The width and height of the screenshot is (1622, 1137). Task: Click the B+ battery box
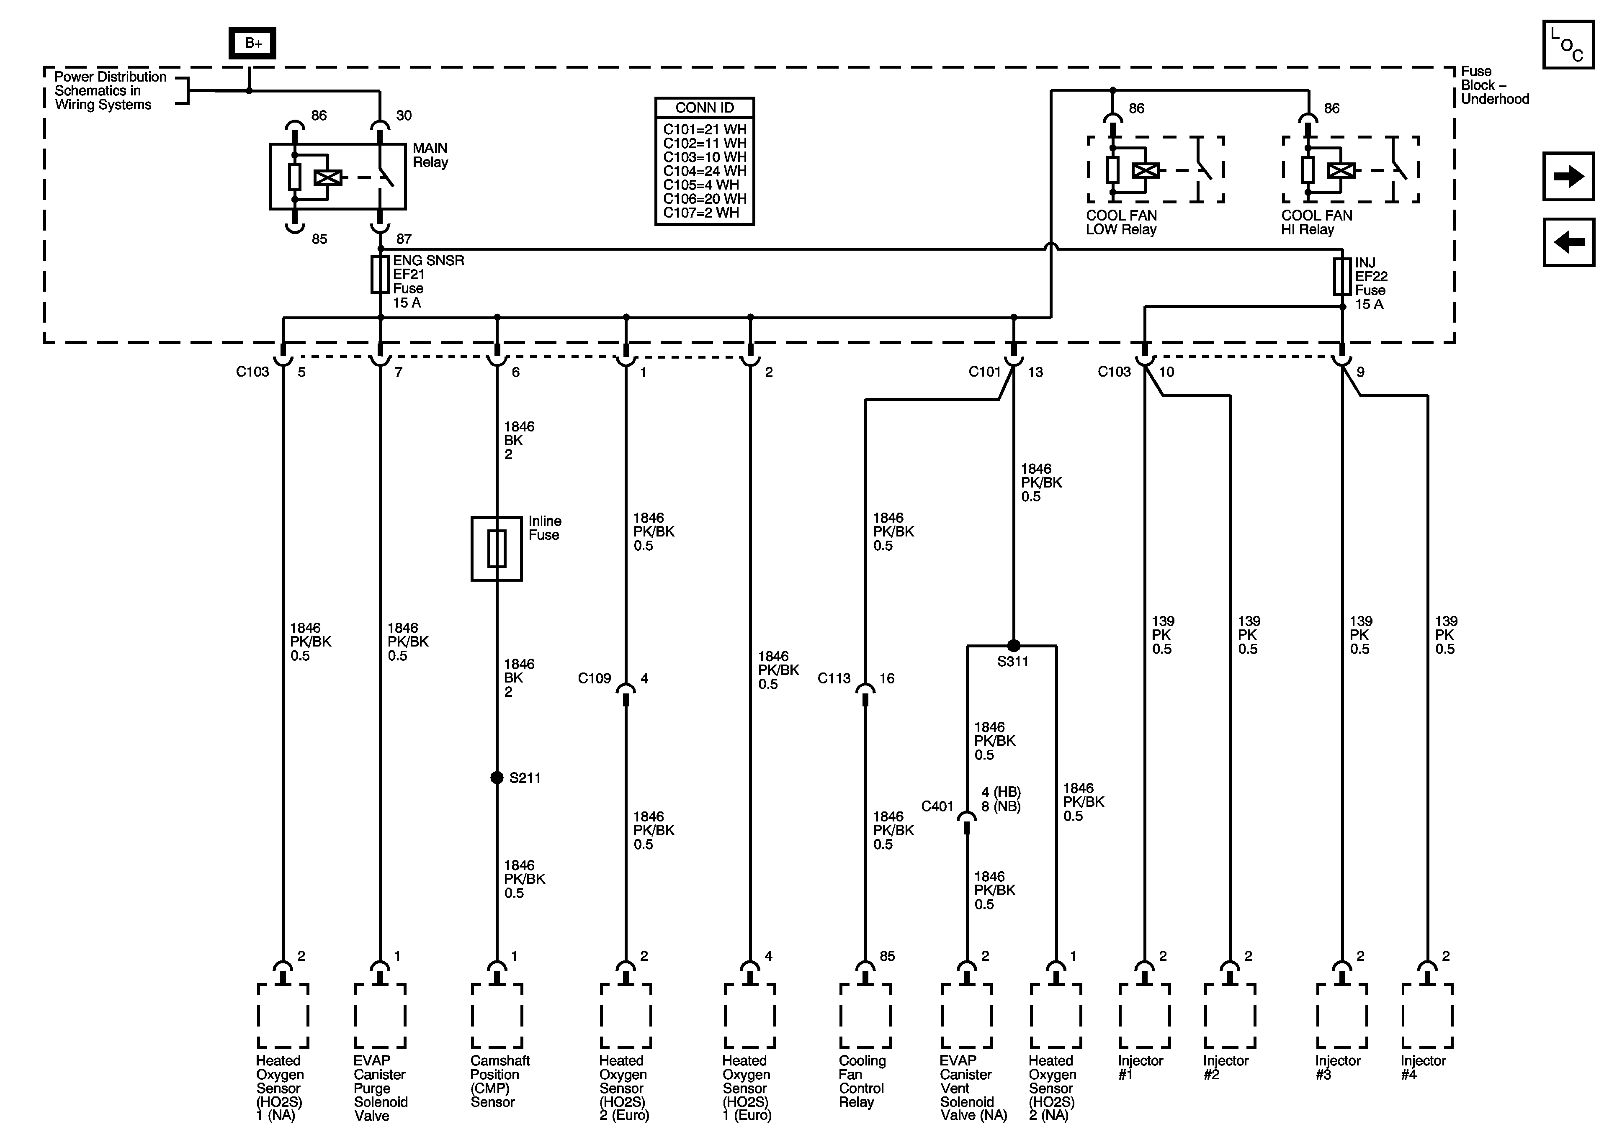pos(252,43)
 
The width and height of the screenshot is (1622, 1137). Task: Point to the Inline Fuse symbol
pos(497,549)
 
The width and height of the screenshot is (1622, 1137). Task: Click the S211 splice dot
pos(497,778)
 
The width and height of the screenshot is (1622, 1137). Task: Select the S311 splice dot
pos(1013,645)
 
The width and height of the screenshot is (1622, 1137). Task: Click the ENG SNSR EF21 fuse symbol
pos(380,275)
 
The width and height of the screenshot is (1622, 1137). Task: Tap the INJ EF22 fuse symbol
pos(1342,276)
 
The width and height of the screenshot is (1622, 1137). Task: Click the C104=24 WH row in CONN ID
pos(704,171)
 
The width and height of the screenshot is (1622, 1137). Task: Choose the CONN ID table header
pos(704,108)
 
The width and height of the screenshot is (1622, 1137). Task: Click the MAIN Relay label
pos(430,155)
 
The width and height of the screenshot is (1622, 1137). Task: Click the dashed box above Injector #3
pos(1341,1016)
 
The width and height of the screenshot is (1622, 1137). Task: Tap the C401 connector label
pos(937,806)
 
